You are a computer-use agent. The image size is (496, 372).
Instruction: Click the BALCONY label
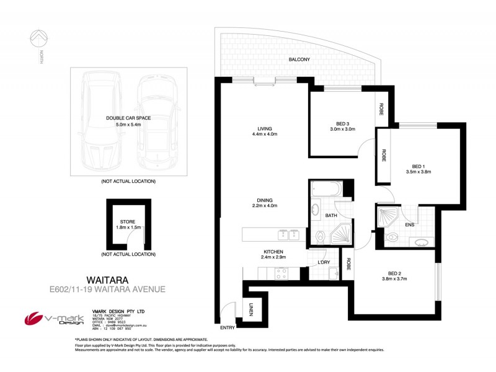tap(299, 60)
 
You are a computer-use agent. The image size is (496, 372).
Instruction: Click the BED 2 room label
tap(397, 273)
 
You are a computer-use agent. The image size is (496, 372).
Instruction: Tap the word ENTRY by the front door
tap(228, 327)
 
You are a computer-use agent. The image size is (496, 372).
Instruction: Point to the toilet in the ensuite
tap(392, 237)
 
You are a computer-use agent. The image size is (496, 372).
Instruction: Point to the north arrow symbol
tap(39, 40)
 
